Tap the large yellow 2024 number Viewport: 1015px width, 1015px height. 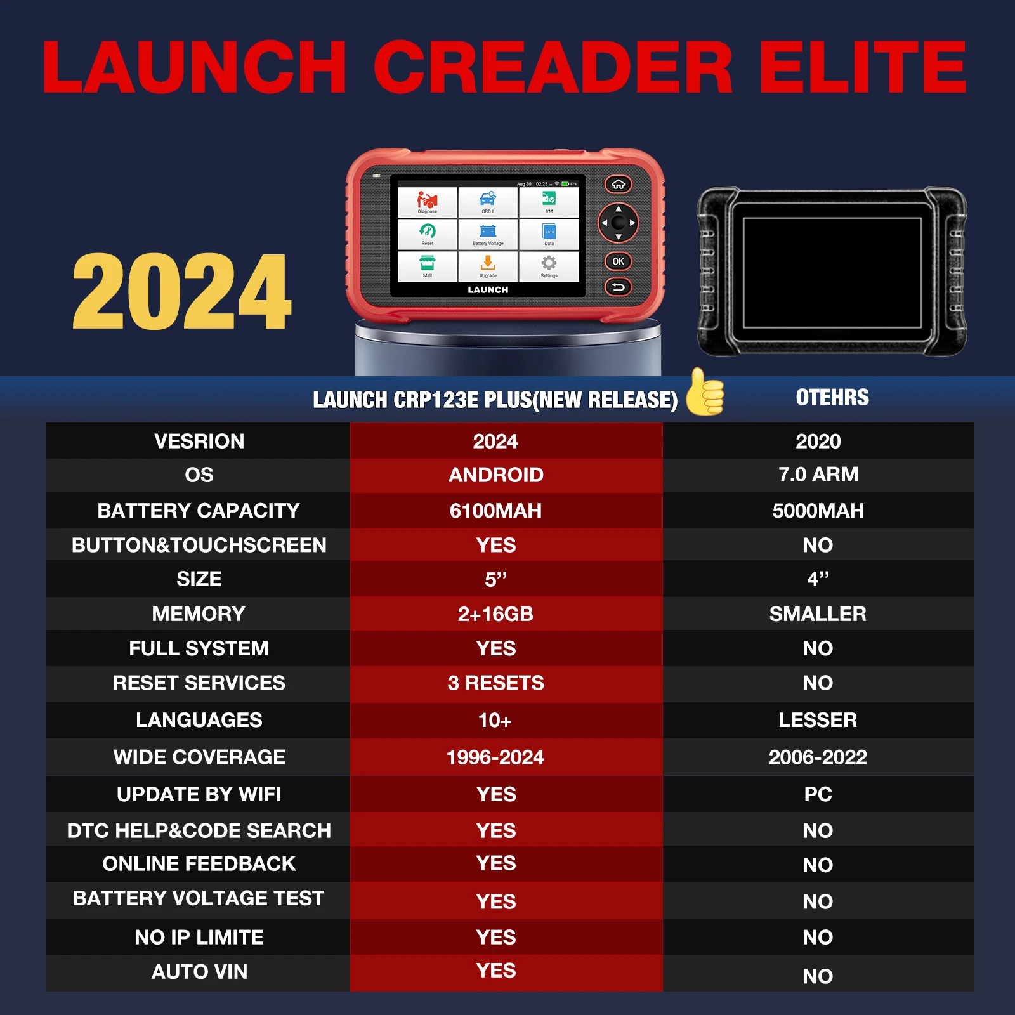[x=182, y=292]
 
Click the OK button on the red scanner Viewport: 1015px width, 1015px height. [x=618, y=261]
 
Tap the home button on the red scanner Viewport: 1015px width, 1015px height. [x=618, y=185]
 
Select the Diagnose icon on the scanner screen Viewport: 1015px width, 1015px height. [x=427, y=202]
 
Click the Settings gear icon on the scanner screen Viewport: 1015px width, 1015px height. [x=549, y=265]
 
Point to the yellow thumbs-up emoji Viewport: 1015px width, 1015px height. [x=705, y=393]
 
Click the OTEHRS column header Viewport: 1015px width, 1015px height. [x=832, y=398]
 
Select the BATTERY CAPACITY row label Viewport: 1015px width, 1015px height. [x=199, y=511]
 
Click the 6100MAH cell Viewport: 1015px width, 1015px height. [x=495, y=511]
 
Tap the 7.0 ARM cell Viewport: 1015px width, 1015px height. [x=818, y=475]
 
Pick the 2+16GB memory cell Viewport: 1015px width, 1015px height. [x=495, y=614]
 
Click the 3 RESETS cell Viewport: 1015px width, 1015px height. [x=495, y=683]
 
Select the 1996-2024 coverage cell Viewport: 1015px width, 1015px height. [x=495, y=757]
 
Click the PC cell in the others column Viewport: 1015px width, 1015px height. [x=818, y=794]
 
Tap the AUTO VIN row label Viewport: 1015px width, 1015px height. [x=199, y=972]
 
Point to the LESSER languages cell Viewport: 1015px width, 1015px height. [x=818, y=720]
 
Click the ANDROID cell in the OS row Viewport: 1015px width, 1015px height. [x=495, y=475]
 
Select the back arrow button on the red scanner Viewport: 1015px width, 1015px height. [x=618, y=287]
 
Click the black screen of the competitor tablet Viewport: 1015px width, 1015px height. [x=832, y=273]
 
